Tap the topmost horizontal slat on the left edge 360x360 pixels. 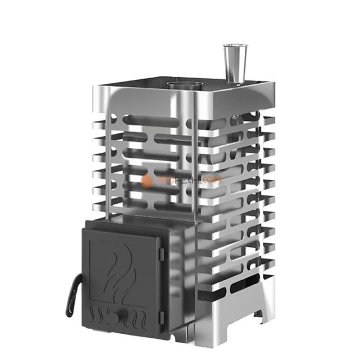click(102, 123)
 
